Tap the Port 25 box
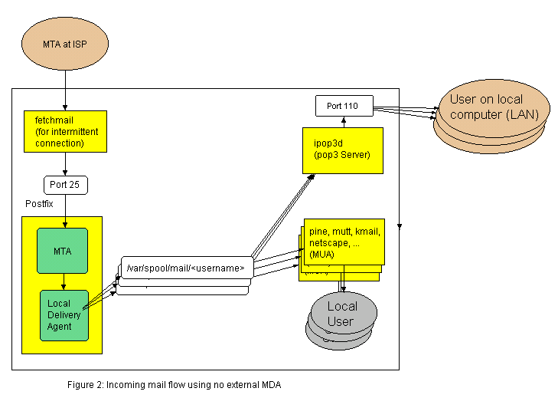pos(65,185)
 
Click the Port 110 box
pos(344,105)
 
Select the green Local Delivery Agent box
pos(64,314)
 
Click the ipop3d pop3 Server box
pos(342,150)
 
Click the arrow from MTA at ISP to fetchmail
pos(65,87)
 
